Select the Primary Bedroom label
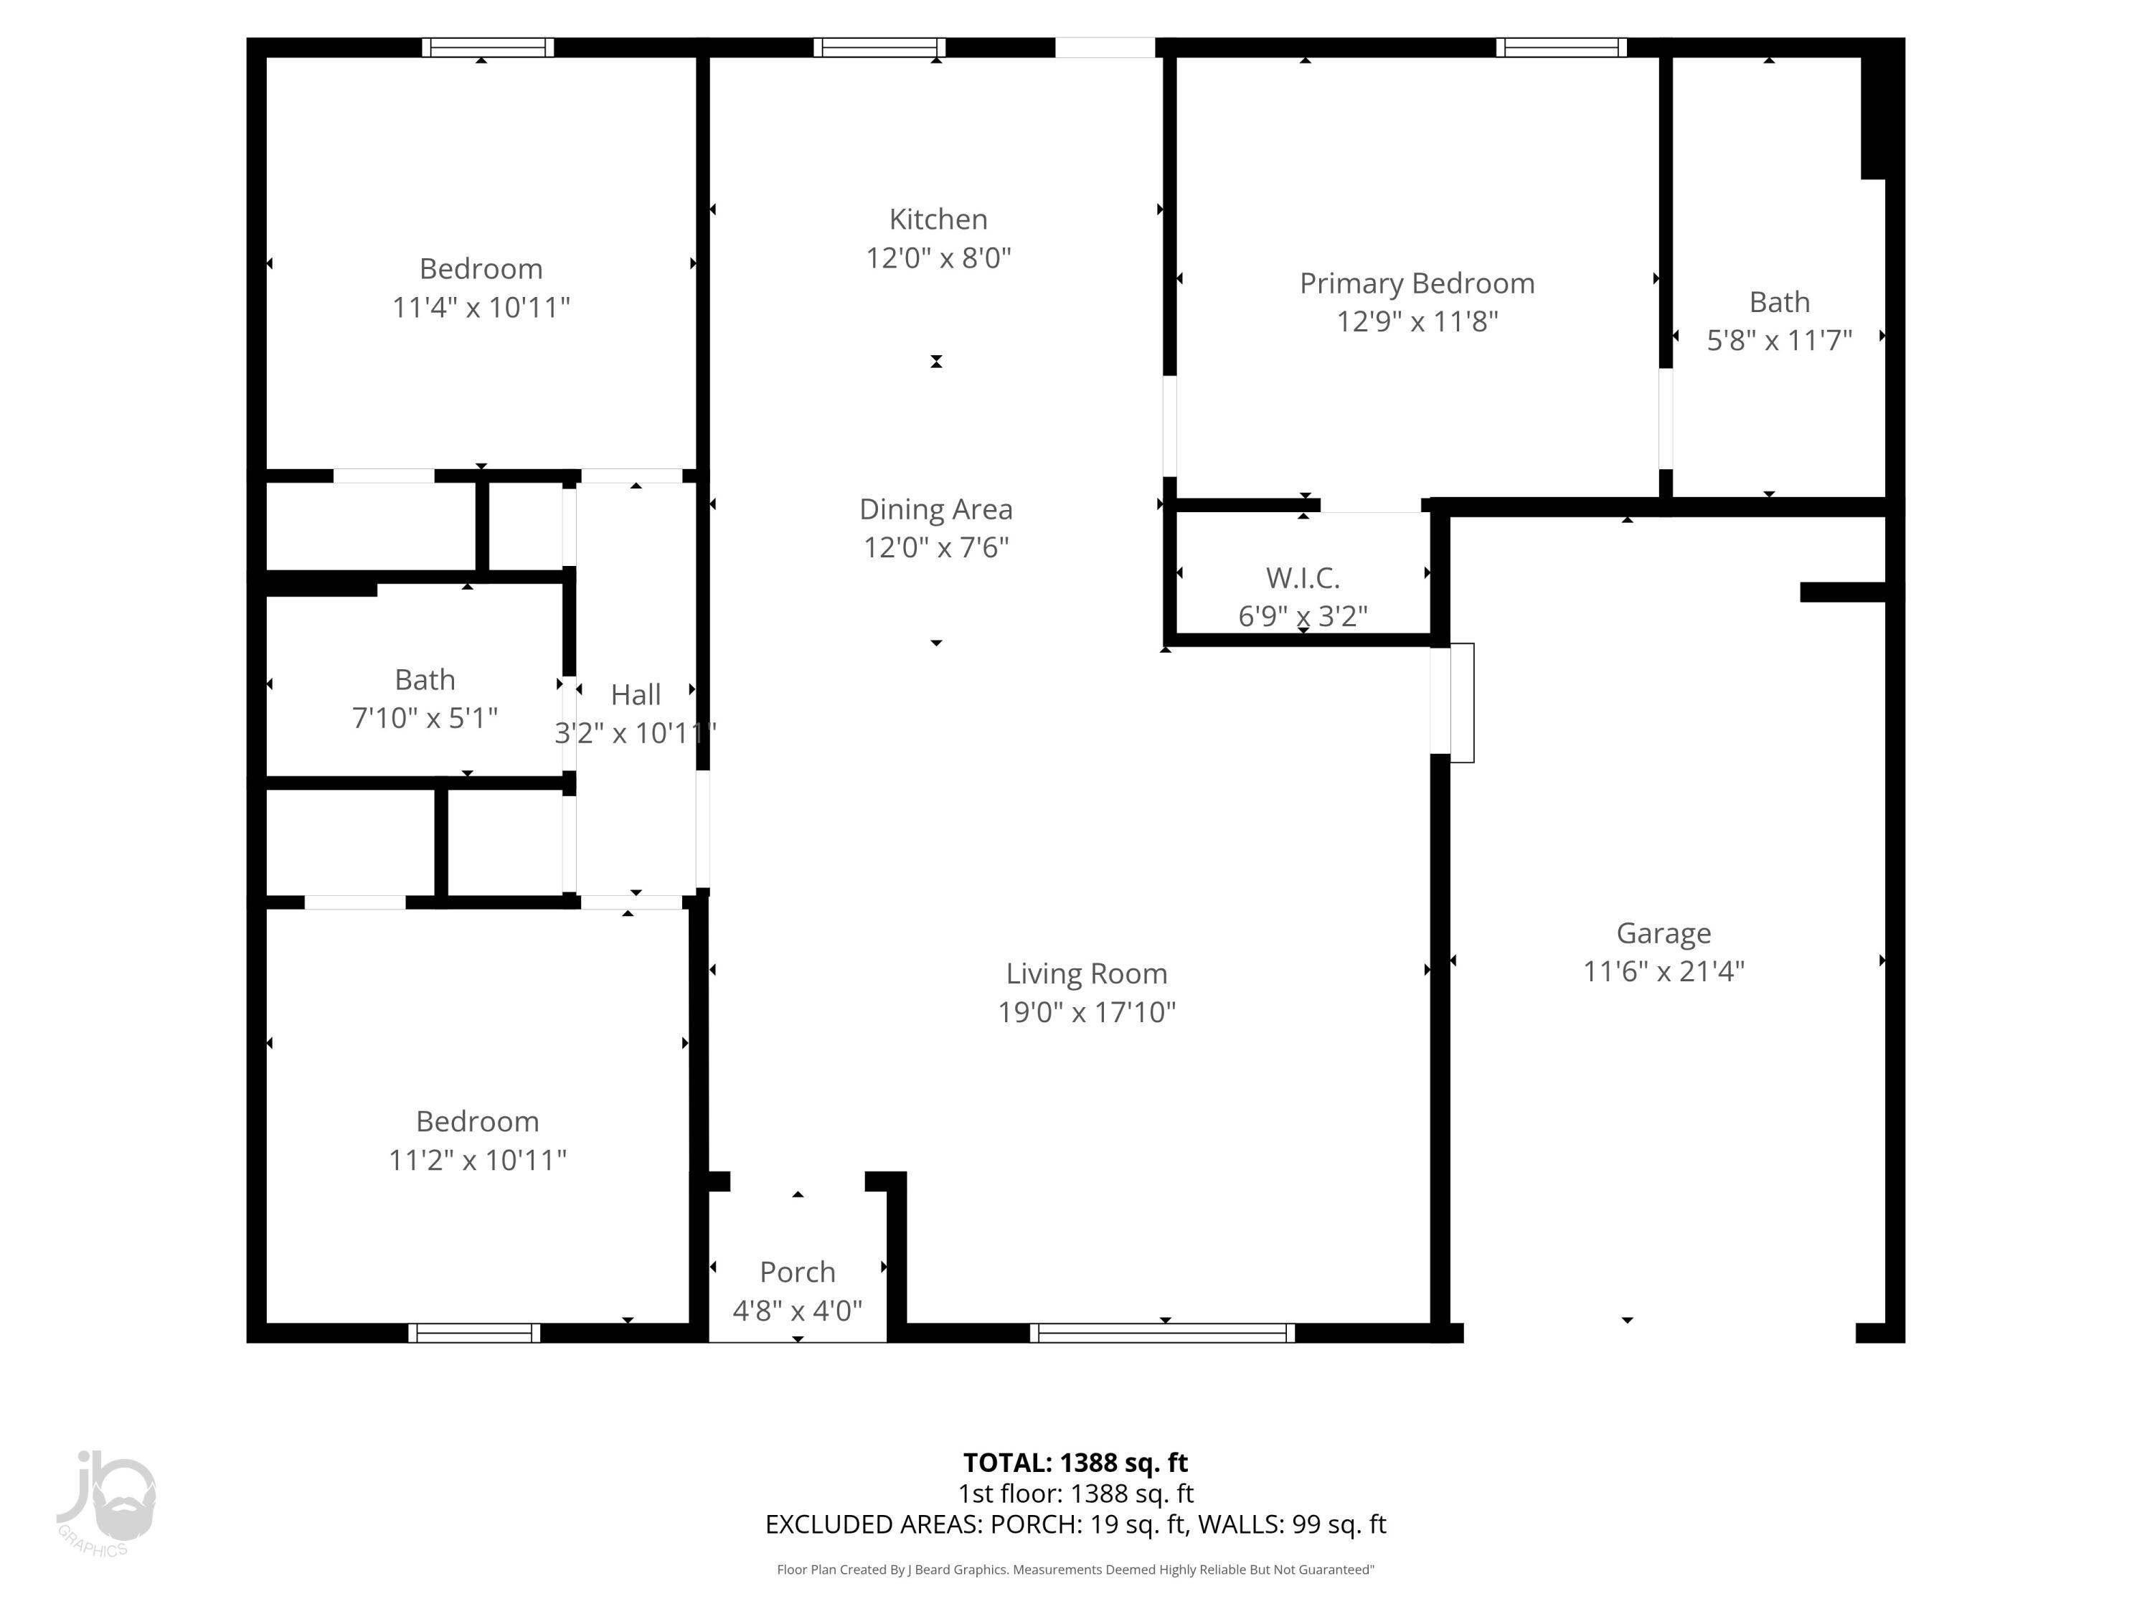tap(1417, 284)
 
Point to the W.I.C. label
tap(1303, 578)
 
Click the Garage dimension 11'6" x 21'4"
tap(1663, 972)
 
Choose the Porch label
tap(797, 1273)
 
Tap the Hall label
tap(636, 694)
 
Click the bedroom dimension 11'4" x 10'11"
tap(481, 308)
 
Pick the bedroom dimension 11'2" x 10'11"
tap(477, 1161)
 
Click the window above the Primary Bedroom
tap(1560, 47)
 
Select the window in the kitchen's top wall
tap(879, 47)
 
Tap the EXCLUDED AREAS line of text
tap(1075, 1524)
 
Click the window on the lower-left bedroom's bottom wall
tap(473, 1333)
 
